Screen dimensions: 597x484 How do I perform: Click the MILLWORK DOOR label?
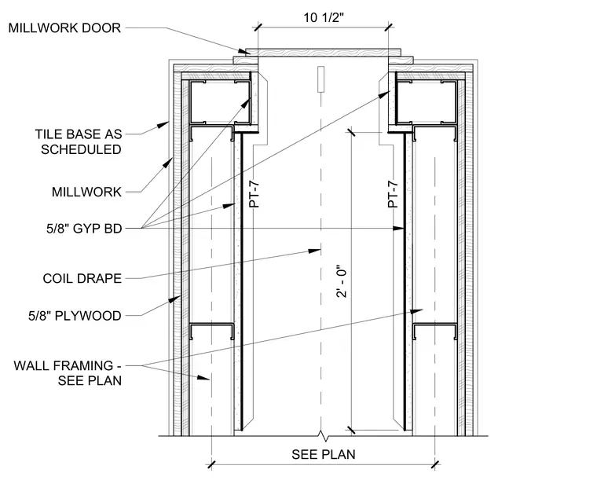pyautogui.click(x=64, y=27)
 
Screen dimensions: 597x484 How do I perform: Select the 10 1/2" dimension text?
pyautogui.click(x=324, y=17)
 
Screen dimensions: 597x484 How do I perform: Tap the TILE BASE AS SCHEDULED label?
pyautogui.click(x=79, y=141)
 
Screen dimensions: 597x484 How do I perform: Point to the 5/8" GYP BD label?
pyautogui.click(x=84, y=229)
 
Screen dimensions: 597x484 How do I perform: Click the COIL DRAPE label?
pyautogui.click(x=82, y=278)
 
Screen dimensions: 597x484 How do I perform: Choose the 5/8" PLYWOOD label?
pyautogui.click(x=75, y=316)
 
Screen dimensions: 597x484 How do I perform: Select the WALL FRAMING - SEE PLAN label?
pyautogui.click(x=68, y=372)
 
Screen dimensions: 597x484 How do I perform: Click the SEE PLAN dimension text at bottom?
pyautogui.click(x=324, y=454)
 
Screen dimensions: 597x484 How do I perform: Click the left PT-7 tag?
pyautogui.click(x=255, y=194)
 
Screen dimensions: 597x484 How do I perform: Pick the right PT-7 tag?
pyautogui.click(x=393, y=194)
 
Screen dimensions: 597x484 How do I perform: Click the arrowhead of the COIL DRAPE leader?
pyautogui.click(x=315, y=251)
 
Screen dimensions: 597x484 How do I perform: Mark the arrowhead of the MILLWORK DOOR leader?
pyautogui.click(x=244, y=51)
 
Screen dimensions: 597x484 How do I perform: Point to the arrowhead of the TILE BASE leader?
pyautogui.click(x=164, y=124)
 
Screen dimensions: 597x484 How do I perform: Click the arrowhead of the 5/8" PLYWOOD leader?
pyautogui.click(x=175, y=299)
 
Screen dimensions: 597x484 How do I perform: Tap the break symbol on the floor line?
pyautogui.click(x=324, y=436)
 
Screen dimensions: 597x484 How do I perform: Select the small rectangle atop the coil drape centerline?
pyautogui.click(x=321, y=79)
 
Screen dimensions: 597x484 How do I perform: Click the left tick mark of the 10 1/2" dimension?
pyautogui.click(x=258, y=27)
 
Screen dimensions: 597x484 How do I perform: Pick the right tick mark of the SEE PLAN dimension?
pyautogui.click(x=435, y=464)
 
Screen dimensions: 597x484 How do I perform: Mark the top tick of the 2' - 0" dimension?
pyautogui.click(x=350, y=132)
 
